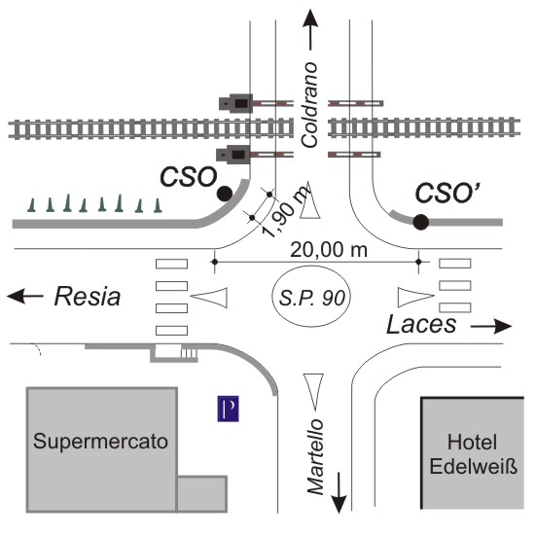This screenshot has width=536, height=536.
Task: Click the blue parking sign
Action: coord(228,409)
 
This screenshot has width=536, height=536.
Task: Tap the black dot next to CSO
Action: coord(225,194)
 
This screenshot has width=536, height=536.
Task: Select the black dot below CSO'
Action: coord(420,222)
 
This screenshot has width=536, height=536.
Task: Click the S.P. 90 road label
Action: coord(311,298)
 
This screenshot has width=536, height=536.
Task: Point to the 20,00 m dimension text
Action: coord(329,250)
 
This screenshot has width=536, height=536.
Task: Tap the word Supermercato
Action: coord(100,442)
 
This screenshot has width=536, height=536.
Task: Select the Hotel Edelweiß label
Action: coord(473,454)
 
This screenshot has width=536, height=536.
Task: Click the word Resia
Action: coord(88,296)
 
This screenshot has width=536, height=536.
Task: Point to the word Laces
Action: coord(421,324)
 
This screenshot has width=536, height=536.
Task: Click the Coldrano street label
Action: coord(309,105)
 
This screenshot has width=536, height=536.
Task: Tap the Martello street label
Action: coord(315,457)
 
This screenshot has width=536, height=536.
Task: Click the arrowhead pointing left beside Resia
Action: coord(16,296)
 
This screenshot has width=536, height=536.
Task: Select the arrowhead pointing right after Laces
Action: coord(503,326)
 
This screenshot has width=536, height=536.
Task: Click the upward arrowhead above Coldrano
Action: coord(310,18)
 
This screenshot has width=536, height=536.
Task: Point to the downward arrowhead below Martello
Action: coord(339,504)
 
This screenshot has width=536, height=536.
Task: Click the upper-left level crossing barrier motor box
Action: coord(235,103)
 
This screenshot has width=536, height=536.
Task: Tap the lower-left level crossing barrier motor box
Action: coord(233,155)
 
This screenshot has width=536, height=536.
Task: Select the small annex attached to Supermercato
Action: coord(202,493)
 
